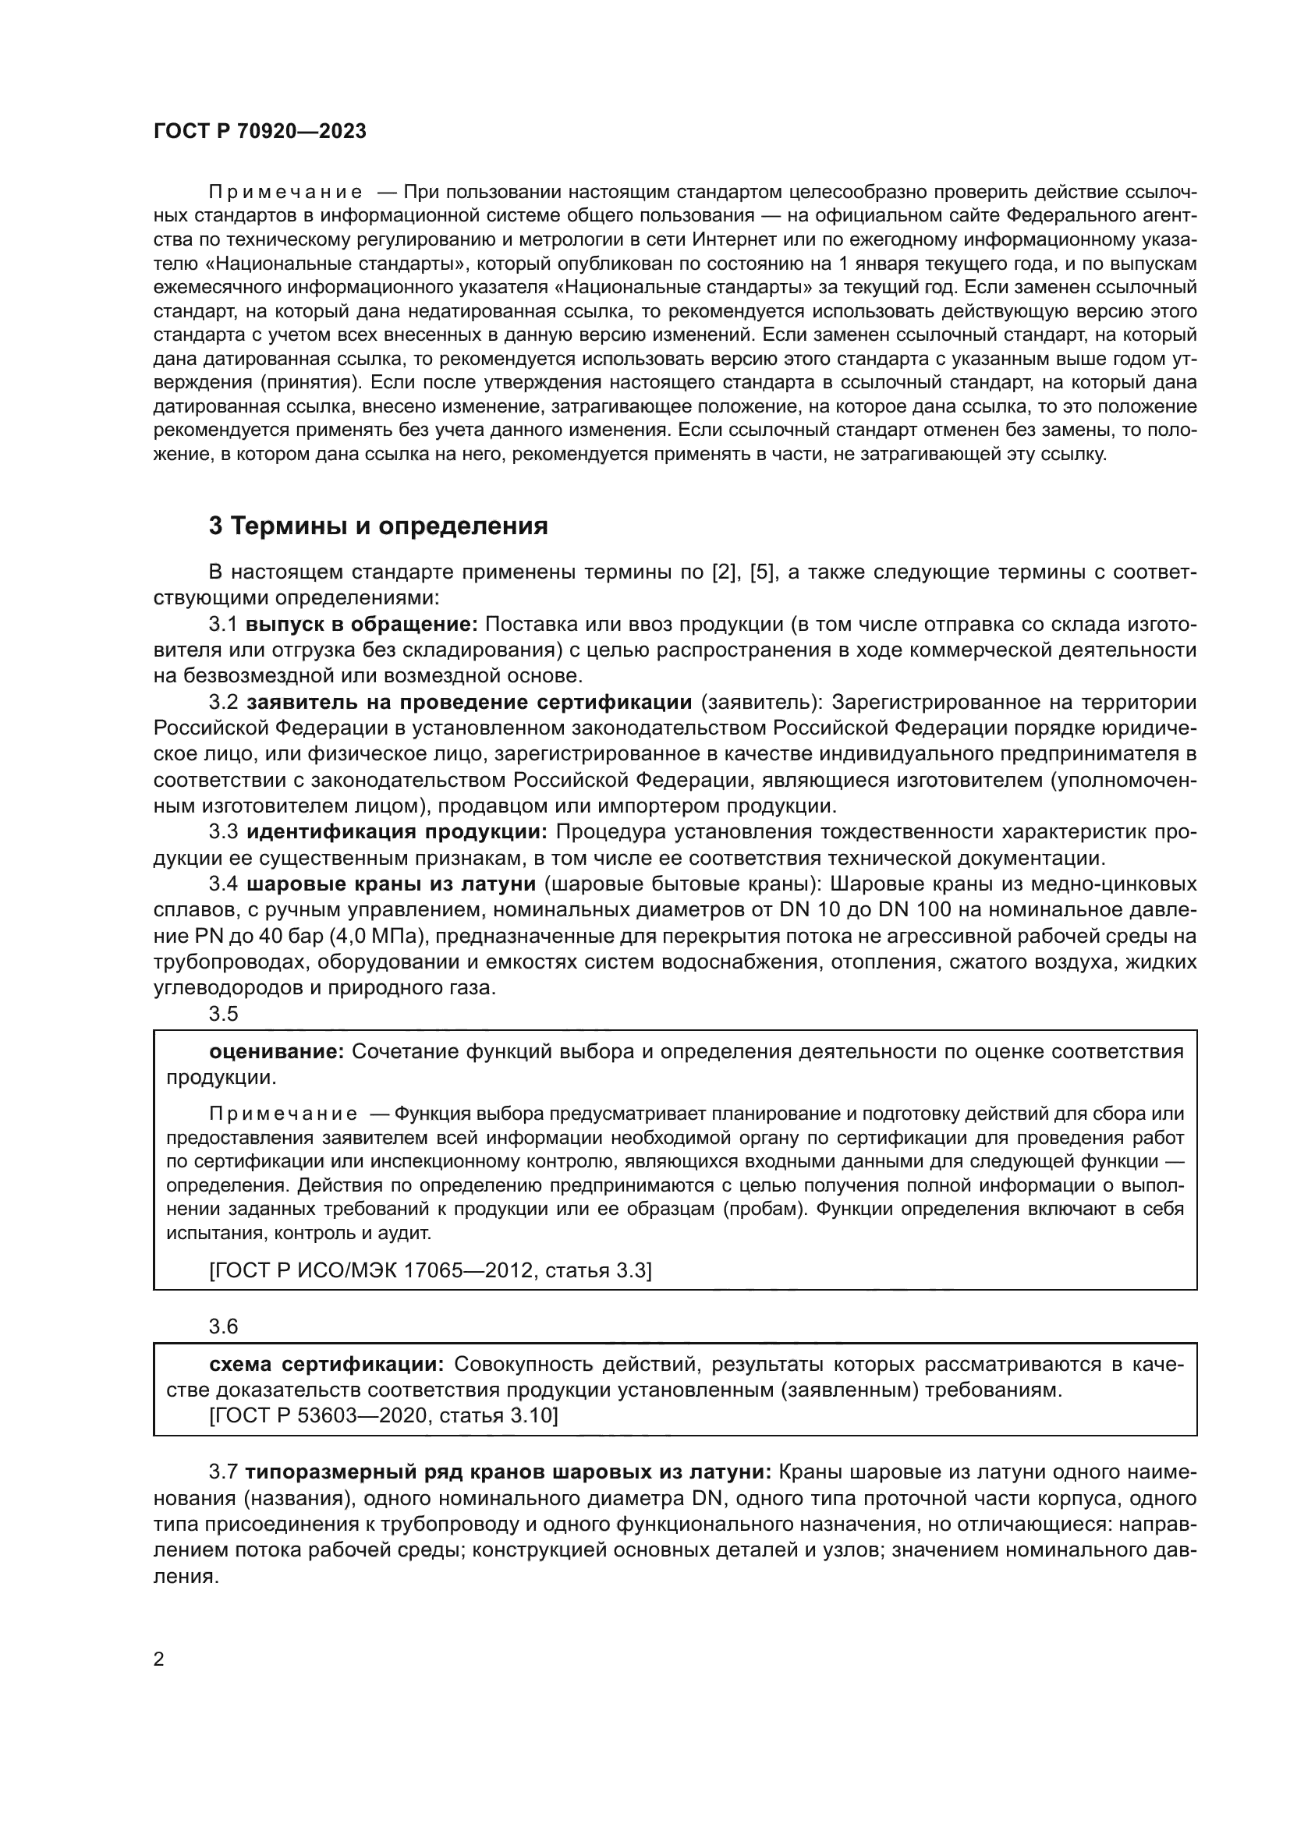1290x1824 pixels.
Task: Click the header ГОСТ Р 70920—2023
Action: coord(260,132)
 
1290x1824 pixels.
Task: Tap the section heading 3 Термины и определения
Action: coord(378,526)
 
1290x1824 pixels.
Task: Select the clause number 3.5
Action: coord(223,1014)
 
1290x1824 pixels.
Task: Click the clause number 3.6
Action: coord(223,1326)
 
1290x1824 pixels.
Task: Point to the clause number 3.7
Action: coord(223,1472)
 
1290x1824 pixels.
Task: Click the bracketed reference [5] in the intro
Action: coord(762,572)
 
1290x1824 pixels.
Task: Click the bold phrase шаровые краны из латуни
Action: coord(391,884)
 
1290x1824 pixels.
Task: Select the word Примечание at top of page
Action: coord(285,193)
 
